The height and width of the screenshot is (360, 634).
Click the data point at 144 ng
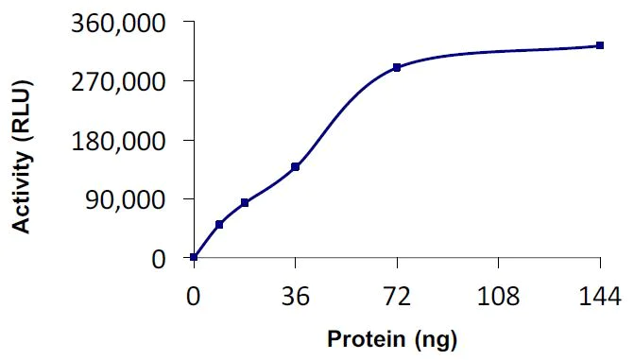point(599,45)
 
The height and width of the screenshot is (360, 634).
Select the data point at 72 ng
point(397,67)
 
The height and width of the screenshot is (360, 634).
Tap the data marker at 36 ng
point(296,166)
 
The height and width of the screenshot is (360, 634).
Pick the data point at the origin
point(194,257)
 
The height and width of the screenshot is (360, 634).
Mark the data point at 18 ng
point(245,202)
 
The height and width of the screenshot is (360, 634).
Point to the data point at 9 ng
point(219,224)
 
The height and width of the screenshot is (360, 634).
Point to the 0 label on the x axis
point(194,299)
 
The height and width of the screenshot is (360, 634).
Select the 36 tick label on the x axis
point(296,299)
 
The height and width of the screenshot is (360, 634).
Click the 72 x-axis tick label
point(397,299)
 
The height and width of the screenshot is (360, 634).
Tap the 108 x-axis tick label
point(498,299)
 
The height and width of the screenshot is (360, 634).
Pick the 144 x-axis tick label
point(599,299)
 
